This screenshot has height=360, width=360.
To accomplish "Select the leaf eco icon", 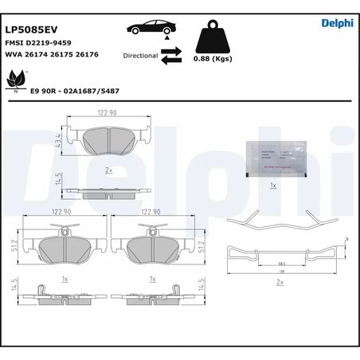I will pyautogui.click(x=15, y=80).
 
